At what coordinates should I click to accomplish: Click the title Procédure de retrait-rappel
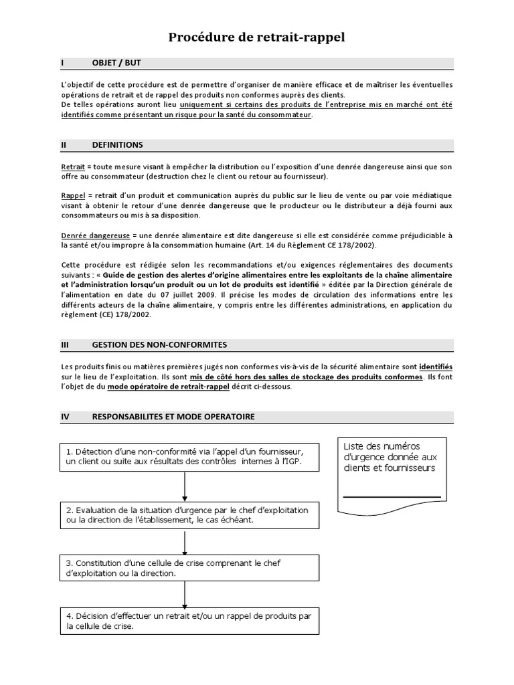click(256, 38)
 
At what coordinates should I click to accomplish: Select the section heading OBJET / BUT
click(116, 63)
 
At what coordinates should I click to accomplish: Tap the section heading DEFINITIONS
click(117, 144)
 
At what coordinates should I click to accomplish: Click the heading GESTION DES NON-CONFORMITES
click(159, 345)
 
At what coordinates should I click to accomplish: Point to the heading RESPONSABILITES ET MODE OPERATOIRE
click(173, 416)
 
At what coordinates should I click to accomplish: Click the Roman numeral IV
click(65, 416)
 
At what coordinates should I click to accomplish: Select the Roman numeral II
click(64, 144)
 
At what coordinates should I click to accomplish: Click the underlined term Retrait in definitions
click(72, 167)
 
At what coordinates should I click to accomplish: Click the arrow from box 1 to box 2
click(184, 486)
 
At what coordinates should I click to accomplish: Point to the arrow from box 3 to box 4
click(184, 595)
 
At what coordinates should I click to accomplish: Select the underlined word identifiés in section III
click(436, 367)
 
